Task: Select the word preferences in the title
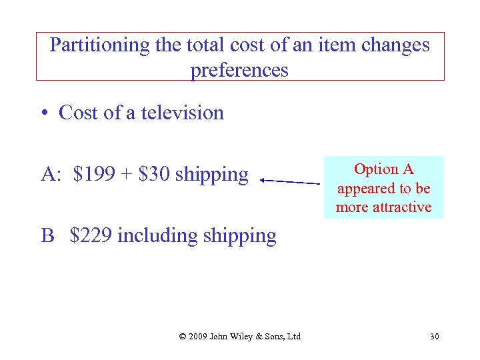(x=239, y=69)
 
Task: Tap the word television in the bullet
(x=183, y=113)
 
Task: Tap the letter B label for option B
(x=47, y=235)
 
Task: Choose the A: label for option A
(x=51, y=175)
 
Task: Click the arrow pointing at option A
(x=289, y=181)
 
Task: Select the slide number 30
(x=434, y=336)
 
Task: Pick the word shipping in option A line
(x=211, y=175)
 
